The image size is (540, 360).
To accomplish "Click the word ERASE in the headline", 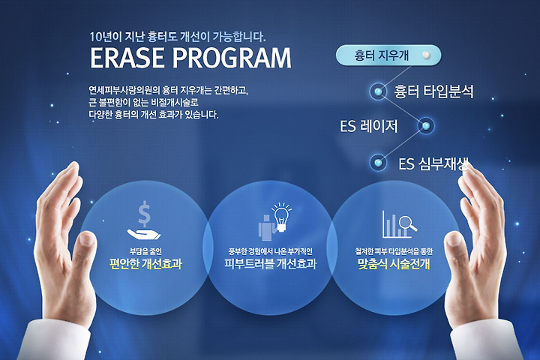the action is click(x=127, y=58).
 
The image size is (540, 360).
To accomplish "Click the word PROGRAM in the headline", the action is click(x=232, y=58).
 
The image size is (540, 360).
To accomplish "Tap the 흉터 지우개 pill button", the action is click(x=388, y=55).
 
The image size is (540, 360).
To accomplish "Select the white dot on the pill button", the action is click(x=426, y=55).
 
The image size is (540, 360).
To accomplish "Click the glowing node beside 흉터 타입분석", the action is click(x=378, y=91).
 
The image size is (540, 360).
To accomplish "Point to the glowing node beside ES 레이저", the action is click(x=426, y=126).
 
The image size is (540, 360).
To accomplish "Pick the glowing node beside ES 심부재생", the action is click(x=378, y=162).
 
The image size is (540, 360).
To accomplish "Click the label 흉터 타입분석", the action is click(x=433, y=91).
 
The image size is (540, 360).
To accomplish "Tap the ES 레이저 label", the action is click(x=369, y=126).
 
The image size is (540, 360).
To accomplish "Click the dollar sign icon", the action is click(x=144, y=214).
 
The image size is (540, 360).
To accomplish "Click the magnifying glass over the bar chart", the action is click(x=407, y=223).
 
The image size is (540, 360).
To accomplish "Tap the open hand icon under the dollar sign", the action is click(x=144, y=234).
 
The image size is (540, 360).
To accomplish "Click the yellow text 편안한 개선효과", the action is click(x=145, y=264).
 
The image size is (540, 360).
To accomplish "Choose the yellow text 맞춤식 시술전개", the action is click(x=394, y=264).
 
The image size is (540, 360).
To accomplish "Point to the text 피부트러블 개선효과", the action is click(x=270, y=264).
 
